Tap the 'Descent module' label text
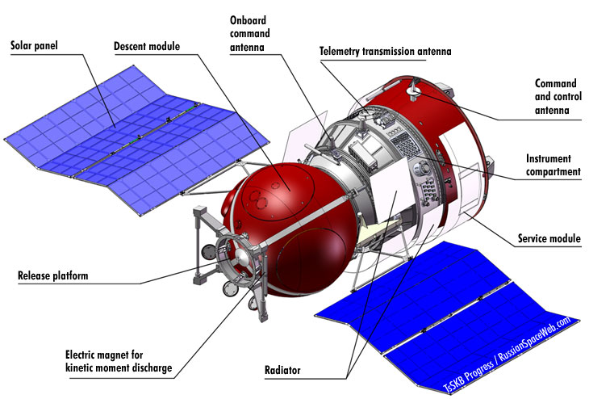point(149,45)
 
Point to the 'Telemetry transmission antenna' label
point(386,52)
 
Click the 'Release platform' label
point(53,276)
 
